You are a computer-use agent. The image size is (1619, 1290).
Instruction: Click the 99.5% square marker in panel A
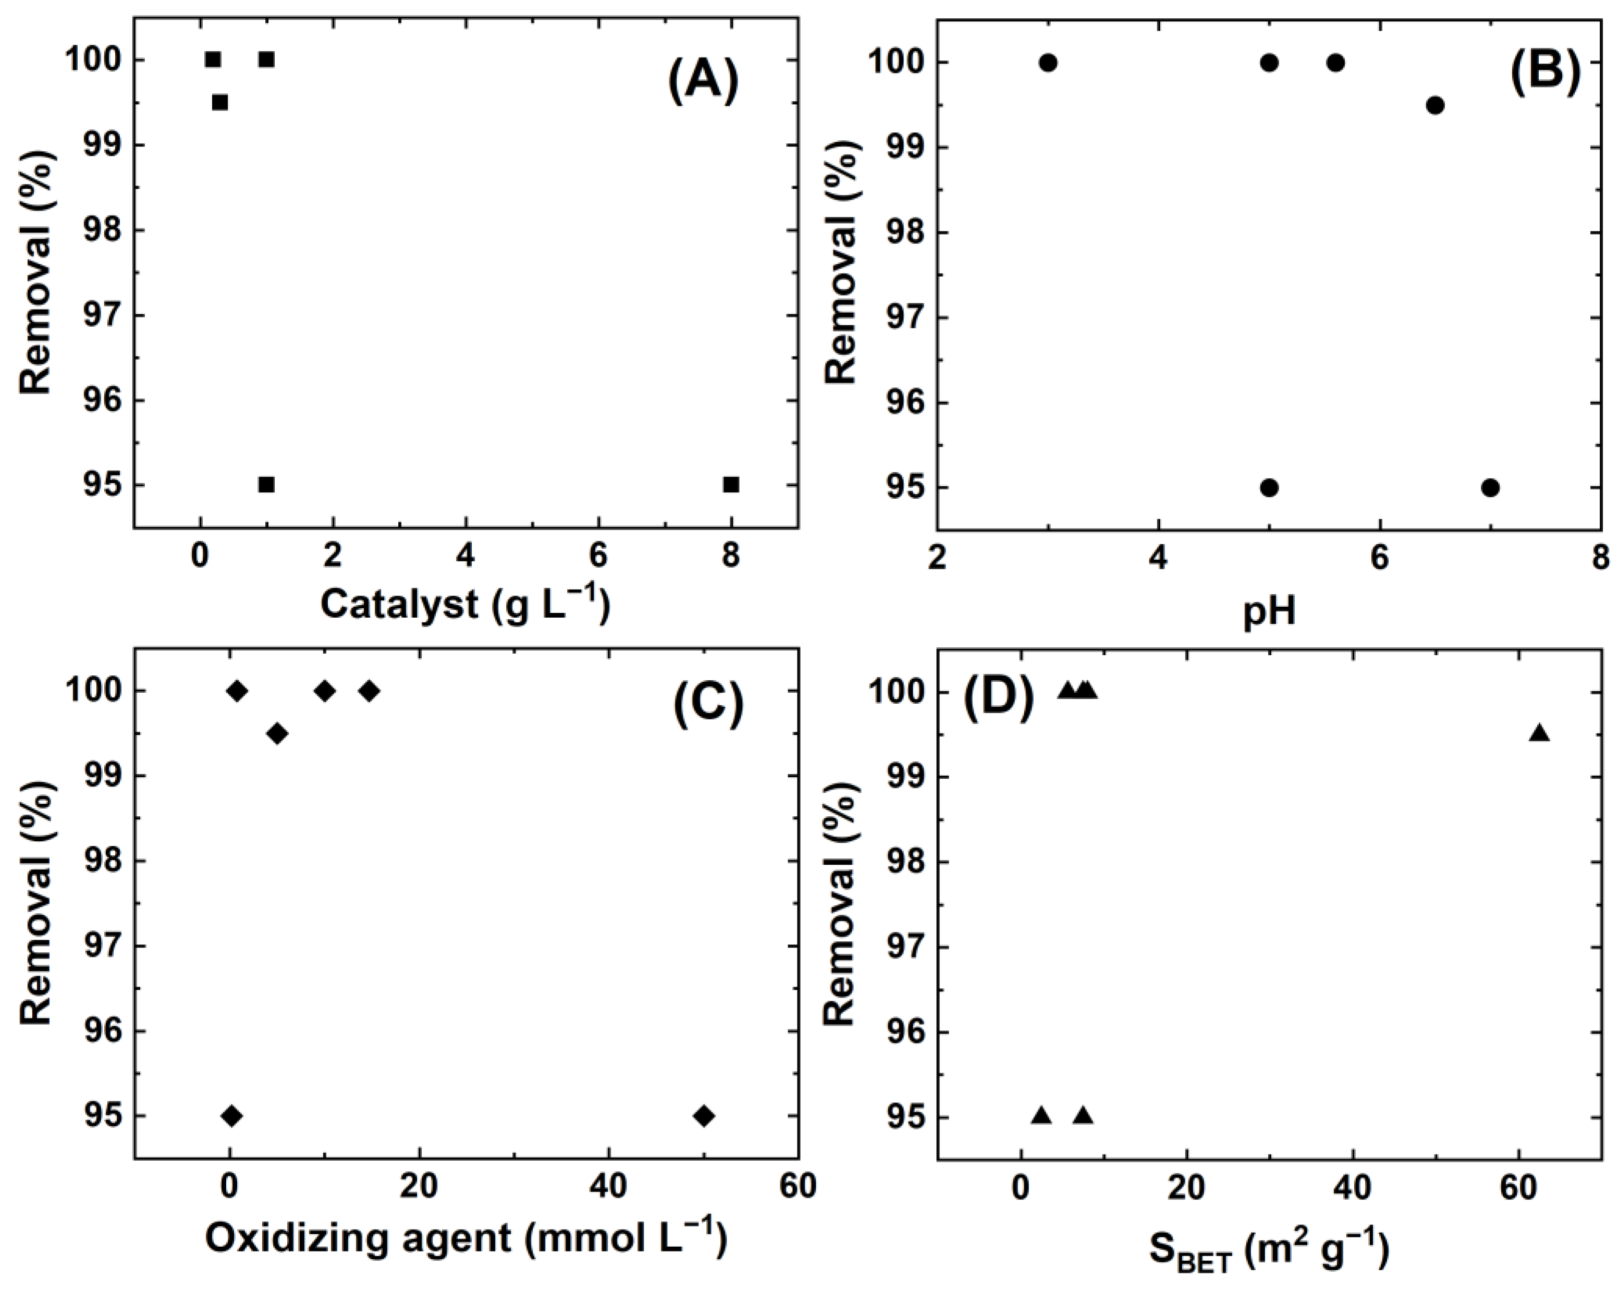click(219, 102)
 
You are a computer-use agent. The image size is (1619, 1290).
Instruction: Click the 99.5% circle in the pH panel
click(1435, 105)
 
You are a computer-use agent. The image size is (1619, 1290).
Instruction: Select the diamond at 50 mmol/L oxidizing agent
click(704, 1116)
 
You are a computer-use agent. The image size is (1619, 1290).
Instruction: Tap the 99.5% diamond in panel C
click(277, 733)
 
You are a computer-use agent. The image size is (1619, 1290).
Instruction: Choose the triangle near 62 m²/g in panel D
click(1539, 733)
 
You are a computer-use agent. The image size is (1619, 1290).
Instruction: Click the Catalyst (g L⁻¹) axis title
click(465, 603)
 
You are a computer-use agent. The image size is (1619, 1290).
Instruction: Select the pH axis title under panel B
click(1269, 612)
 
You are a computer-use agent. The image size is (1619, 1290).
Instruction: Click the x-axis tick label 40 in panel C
click(608, 1187)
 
